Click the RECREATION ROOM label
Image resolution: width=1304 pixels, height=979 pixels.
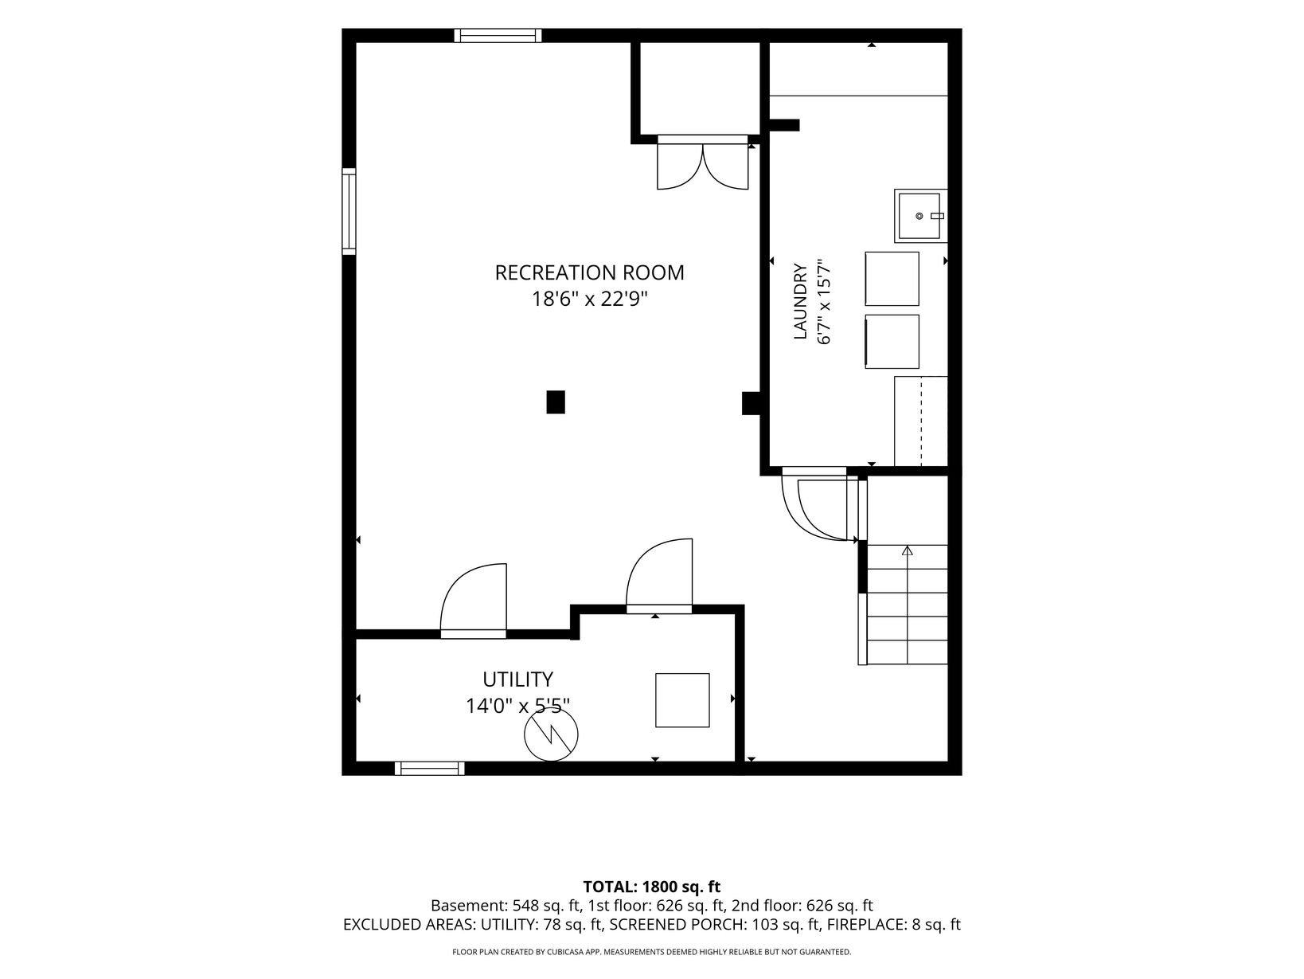click(589, 273)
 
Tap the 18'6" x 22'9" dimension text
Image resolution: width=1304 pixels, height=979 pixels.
click(589, 299)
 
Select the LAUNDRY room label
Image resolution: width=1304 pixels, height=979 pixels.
click(801, 301)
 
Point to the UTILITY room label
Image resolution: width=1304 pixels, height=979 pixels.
click(517, 679)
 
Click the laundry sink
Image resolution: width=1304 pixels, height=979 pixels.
click(921, 216)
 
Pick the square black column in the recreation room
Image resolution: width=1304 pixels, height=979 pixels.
click(556, 401)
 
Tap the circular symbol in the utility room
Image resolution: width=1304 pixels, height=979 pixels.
click(551, 734)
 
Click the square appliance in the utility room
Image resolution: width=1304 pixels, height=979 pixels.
click(682, 700)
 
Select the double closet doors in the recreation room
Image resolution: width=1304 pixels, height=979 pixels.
click(702, 163)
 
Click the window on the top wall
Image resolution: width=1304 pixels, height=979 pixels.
click(498, 36)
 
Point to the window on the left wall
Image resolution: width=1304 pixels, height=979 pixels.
click(349, 212)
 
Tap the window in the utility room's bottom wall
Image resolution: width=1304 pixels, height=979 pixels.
click(430, 769)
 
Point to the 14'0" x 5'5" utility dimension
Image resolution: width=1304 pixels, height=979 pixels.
click(517, 706)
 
